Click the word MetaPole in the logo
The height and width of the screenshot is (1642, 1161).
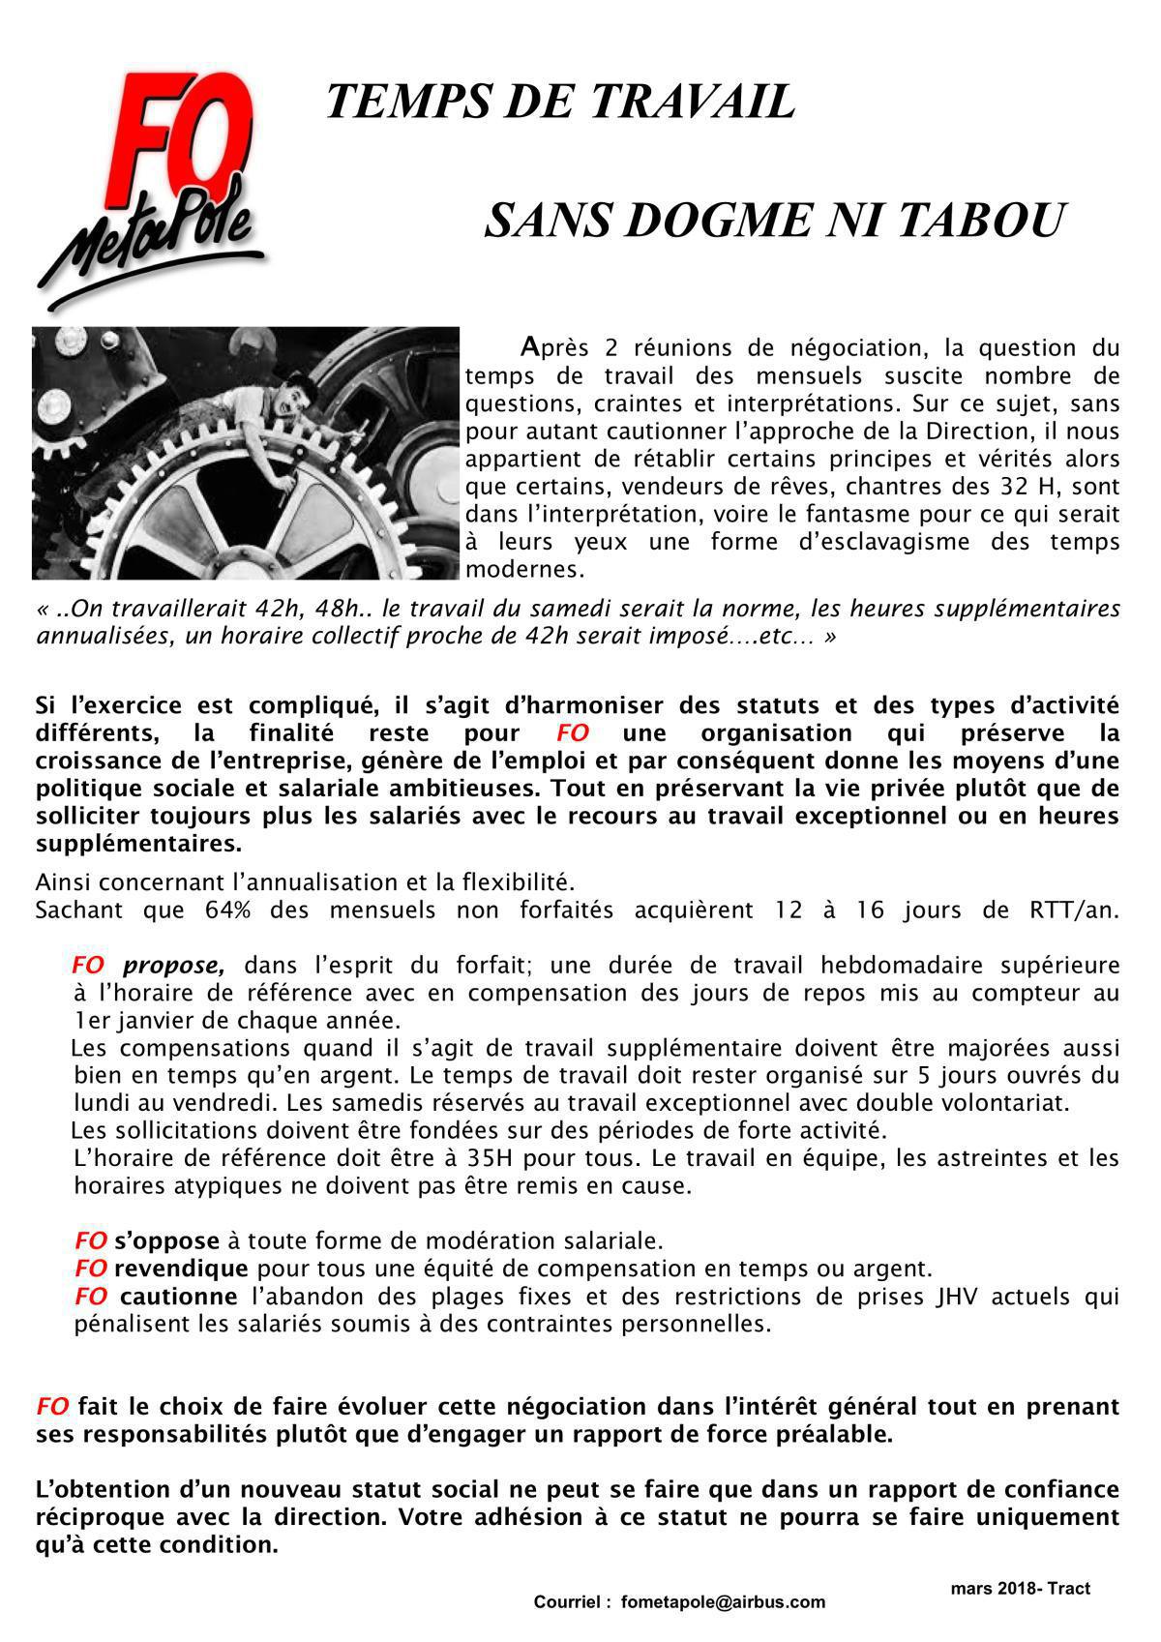155,237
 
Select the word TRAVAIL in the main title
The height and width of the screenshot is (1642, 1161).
692,102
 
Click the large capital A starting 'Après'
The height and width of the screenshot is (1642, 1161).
528,345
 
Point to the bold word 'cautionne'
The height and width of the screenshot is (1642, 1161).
178,1296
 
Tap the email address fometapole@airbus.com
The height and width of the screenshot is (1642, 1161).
723,1601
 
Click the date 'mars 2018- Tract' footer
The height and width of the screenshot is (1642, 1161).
1020,1588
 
